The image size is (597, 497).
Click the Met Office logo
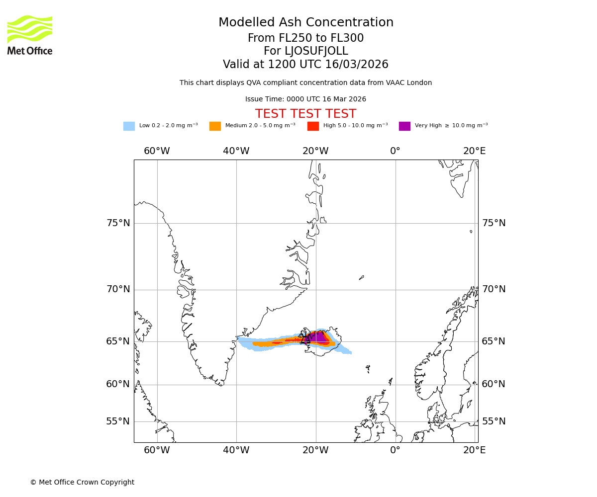click(x=30, y=35)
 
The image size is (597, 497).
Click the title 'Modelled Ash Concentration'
click(x=306, y=23)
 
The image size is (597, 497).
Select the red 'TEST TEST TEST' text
click(x=306, y=114)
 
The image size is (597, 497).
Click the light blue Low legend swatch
click(x=129, y=126)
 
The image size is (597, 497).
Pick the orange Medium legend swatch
click(x=215, y=126)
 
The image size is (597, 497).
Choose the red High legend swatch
click(x=313, y=126)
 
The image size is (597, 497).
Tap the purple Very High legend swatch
click(x=404, y=126)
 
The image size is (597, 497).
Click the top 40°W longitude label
click(x=236, y=151)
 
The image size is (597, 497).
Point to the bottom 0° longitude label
click(x=396, y=450)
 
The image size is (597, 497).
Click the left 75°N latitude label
click(x=118, y=223)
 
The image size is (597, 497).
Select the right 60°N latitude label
click(x=494, y=384)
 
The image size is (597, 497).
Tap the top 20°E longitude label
click(x=475, y=151)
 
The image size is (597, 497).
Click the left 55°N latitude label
click(x=118, y=421)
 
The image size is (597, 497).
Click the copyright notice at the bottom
click(x=82, y=482)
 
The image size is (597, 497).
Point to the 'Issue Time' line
click(x=306, y=99)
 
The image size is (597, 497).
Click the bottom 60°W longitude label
click(x=157, y=450)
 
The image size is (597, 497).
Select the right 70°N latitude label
click(x=494, y=289)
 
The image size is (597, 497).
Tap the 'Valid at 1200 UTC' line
click(x=306, y=65)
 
